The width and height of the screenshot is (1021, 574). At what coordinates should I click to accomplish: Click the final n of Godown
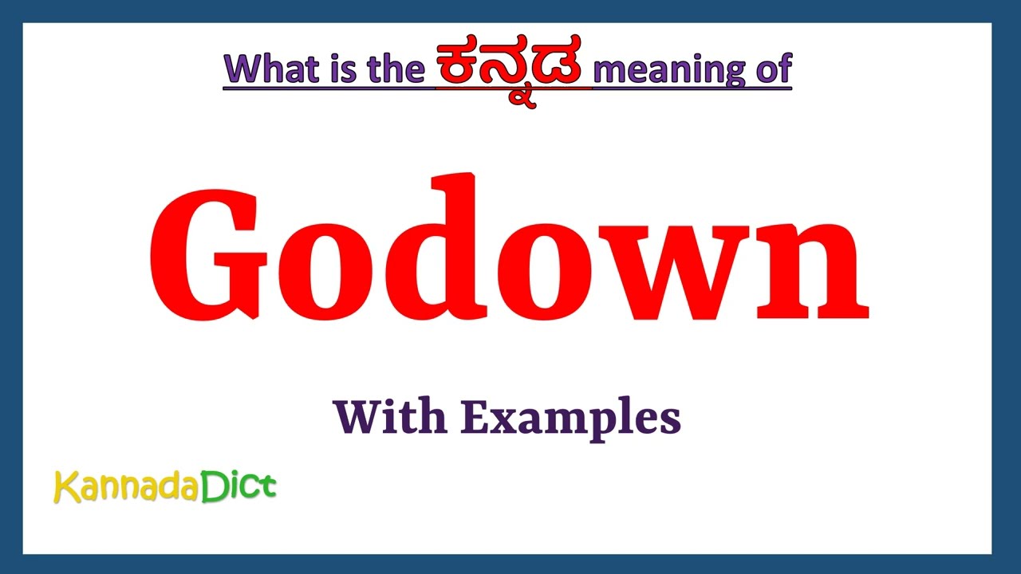pos(807,271)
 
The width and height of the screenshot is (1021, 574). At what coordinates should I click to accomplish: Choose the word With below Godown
pos(389,416)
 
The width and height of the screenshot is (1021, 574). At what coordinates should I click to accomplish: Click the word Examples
pos(571,418)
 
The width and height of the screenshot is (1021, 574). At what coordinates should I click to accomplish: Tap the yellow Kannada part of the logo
pos(126,487)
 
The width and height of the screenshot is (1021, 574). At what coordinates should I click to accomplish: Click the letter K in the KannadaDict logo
pos(65,487)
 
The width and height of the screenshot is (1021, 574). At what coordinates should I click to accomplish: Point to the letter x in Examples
pos(494,420)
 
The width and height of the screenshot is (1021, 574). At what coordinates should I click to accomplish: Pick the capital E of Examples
pos(472,416)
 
